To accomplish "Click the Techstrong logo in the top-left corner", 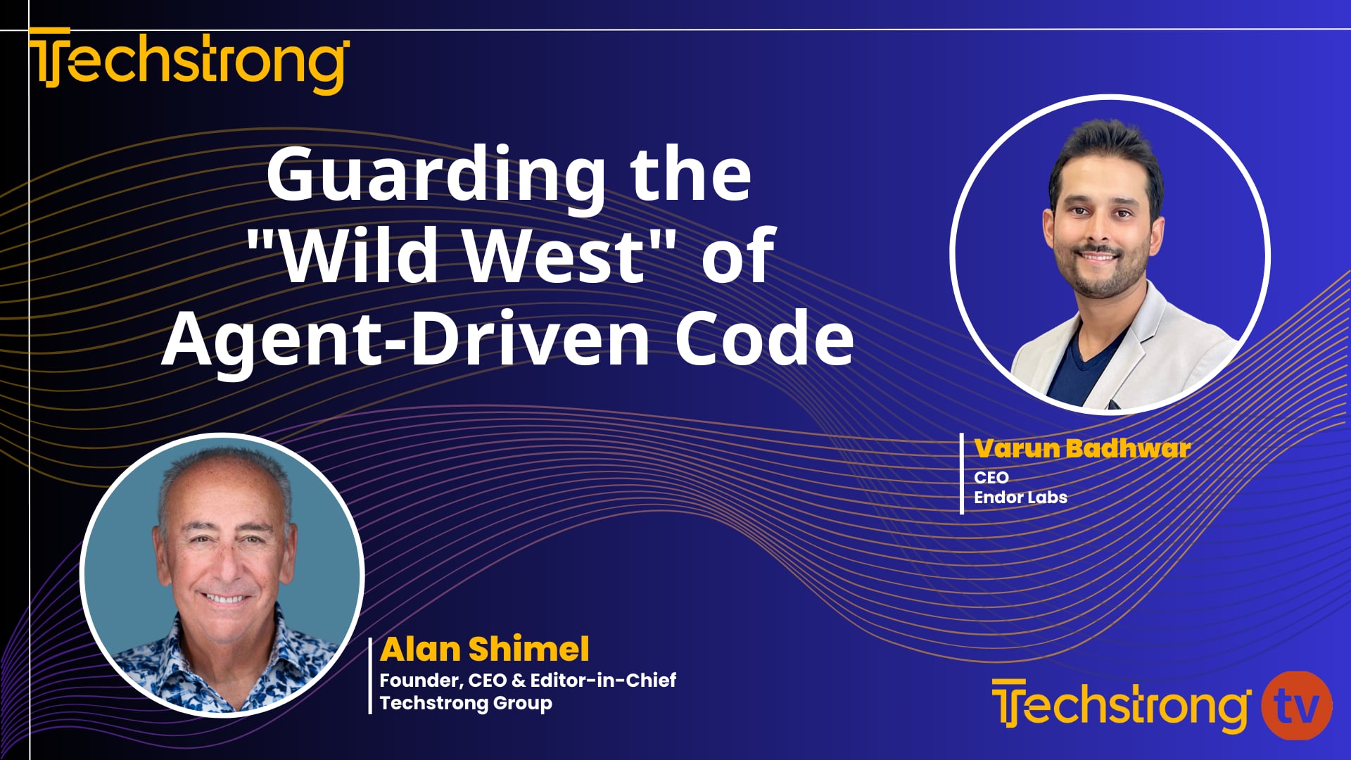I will [x=189, y=62].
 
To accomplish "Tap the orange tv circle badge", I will [x=1296, y=706].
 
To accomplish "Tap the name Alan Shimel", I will [x=484, y=649].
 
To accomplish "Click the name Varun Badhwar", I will [x=1082, y=448].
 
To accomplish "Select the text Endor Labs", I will [x=1020, y=497].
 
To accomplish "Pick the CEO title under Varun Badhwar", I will [x=991, y=477].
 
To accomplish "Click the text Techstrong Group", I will [x=466, y=702].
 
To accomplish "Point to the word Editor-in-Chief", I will [x=603, y=680].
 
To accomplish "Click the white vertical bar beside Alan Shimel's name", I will [x=370, y=676].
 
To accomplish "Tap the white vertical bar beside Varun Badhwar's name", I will [x=962, y=474].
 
